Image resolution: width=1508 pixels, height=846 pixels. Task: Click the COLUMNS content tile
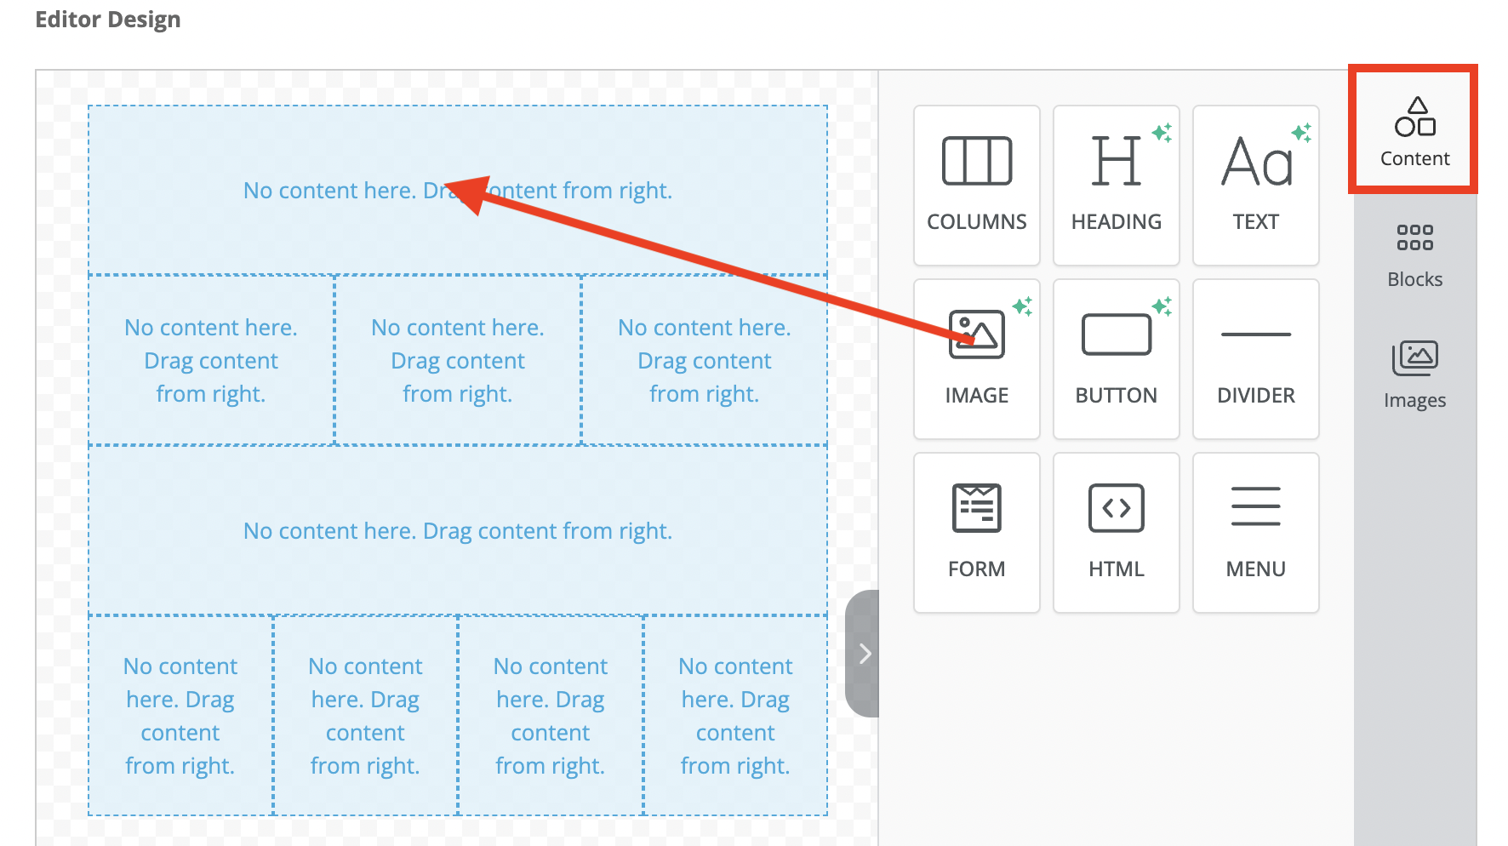coord(976,186)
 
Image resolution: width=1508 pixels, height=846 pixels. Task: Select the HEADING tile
coord(1116,186)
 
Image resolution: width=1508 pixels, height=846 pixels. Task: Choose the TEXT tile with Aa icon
coord(1255,186)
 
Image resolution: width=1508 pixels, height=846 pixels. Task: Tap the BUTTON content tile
coord(1116,359)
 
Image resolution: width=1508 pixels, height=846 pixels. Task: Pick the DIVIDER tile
coord(1255,359)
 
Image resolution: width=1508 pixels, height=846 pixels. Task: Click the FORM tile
coord(976,533)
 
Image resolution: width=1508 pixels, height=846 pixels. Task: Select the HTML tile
coord(1116,533)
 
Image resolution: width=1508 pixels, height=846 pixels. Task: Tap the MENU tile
coord(1255,533)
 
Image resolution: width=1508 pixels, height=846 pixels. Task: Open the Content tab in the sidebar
coord(1414,130)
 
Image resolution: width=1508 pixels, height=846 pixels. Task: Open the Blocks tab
coord(1414,256)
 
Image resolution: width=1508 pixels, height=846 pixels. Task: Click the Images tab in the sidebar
coord(1414,375)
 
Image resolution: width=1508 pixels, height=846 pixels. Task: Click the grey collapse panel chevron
coord(865,654)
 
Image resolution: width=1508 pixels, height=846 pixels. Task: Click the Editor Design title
coord(108,20)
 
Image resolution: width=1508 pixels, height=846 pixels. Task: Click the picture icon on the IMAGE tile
coord(976,334)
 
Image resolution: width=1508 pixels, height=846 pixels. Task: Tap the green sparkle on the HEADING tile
coord(1162,133)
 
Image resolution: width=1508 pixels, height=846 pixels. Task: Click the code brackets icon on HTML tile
coord(1116,508)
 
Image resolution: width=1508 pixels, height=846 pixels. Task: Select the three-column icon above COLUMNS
coord(976,161)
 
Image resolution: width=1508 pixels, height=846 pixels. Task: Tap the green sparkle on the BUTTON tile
coord(1162,306)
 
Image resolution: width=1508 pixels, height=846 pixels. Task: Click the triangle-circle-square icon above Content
coord(1414,117)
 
